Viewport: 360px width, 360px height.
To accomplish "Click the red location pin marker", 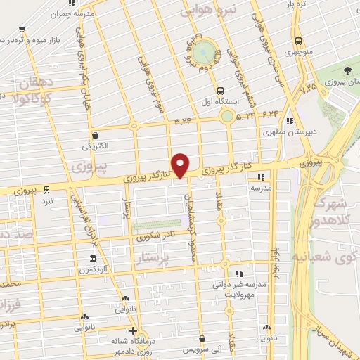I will pos(181,165).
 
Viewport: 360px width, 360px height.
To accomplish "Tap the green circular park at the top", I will pos(203,51).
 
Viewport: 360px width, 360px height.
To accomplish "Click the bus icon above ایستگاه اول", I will pos(221,91).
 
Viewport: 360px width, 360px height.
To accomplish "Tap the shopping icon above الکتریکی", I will pos(96,136).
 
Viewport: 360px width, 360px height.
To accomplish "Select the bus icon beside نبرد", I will pos(46,189).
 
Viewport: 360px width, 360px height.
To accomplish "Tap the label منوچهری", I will pos(299,52).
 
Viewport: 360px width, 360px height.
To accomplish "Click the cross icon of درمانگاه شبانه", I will pos(133,330).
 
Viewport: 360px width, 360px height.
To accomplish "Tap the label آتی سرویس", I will pos(202,349).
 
